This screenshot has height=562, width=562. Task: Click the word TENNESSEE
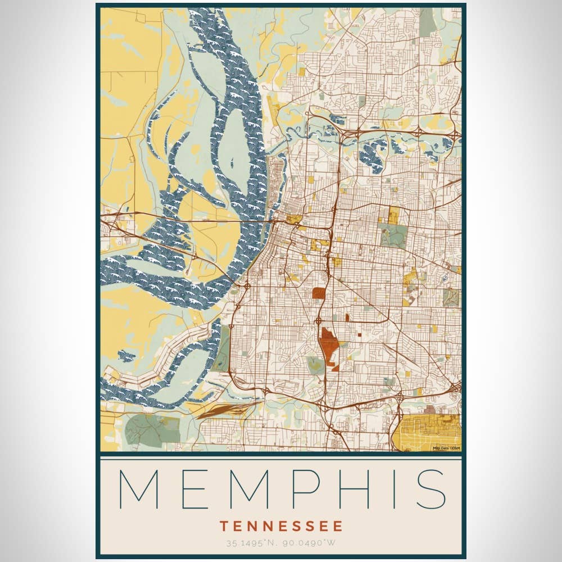click(281, 527)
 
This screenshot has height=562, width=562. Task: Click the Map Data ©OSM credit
click(446, 448)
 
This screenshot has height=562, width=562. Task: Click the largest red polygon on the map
click(328, 346)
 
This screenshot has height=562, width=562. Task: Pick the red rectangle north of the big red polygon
click(319, 293)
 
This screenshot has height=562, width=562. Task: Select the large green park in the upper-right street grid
click(392, 236)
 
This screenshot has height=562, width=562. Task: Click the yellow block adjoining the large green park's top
click(395, 215)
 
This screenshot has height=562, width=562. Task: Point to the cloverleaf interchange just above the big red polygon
click(319, 321)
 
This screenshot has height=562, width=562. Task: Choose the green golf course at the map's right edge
click(451, 297)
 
